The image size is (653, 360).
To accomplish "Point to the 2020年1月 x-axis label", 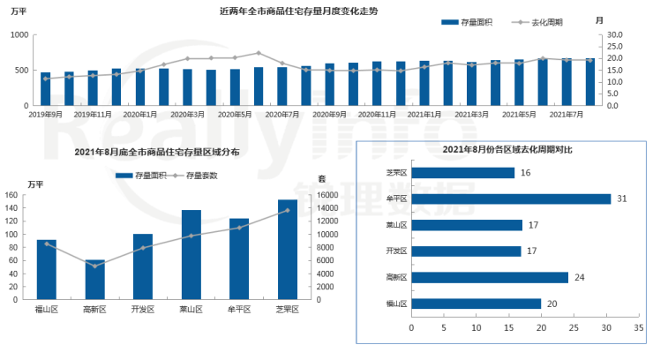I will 141,115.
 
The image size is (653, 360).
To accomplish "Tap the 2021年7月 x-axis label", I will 567,115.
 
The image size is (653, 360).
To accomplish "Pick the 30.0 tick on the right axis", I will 614,34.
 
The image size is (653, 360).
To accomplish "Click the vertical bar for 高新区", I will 94,280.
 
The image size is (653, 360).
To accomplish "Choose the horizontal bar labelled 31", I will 511,199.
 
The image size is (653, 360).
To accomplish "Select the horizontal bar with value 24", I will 490,277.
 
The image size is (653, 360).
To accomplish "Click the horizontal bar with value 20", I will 477,304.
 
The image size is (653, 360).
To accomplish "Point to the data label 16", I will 526,173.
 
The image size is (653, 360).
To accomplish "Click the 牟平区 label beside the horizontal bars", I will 397,199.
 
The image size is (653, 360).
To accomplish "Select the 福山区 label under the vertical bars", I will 46,310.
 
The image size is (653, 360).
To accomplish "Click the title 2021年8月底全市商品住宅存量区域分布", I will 157,153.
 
